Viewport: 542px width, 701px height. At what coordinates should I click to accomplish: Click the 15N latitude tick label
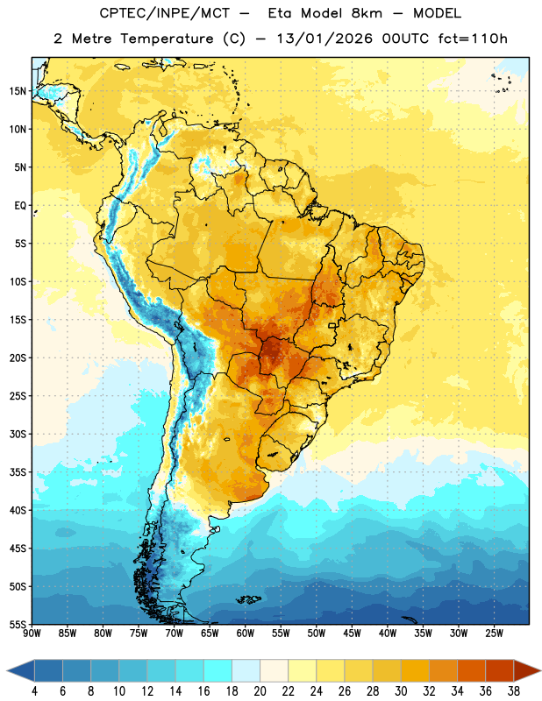click(18, 91)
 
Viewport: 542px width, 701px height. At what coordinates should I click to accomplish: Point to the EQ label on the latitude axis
click(20, 206)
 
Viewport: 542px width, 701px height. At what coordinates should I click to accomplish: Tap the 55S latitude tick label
click(18, 624)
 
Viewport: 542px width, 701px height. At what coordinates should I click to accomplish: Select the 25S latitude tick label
click(18, 396)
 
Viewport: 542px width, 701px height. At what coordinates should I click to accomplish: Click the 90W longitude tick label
click(32, 633)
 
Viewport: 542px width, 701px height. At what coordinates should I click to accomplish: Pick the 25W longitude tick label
click(494, 633)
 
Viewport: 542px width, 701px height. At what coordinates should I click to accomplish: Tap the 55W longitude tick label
click(281, 633)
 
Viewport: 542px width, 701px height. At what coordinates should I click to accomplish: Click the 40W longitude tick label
click(388, 633)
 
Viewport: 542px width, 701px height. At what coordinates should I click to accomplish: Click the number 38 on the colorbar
click(514, 691)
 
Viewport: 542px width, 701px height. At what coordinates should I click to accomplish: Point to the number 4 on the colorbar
click(34, 691)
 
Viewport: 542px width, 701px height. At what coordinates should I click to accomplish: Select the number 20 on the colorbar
click(260, 691)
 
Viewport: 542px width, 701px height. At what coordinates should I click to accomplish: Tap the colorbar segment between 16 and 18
click(218, 671)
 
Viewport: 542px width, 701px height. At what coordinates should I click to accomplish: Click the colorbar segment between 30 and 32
click(416, 671)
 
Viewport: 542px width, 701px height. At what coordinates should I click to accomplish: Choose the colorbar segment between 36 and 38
click(500, 671)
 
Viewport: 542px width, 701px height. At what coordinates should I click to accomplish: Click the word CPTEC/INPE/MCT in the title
click(165, 13)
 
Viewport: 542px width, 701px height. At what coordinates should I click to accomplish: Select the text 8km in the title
click(367, 13)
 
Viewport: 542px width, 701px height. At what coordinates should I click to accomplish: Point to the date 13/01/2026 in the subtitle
click(324, 39)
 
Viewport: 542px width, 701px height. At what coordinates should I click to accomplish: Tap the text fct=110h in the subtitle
click(473, 39)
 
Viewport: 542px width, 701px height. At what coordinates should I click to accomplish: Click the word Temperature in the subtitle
click(167, 39)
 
